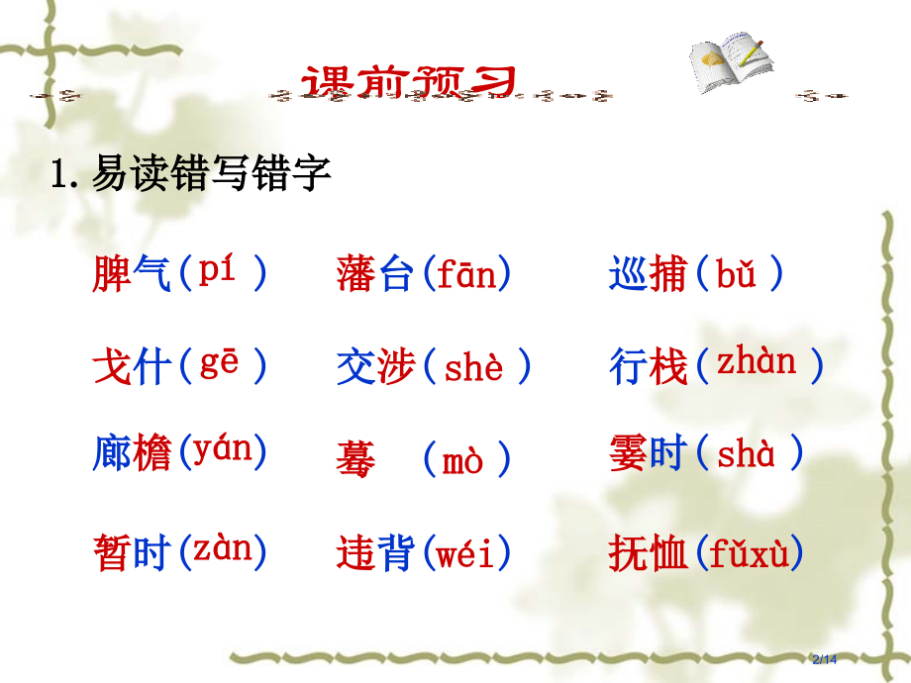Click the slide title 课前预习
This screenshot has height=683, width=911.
409,82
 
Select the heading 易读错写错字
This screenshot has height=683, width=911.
210,176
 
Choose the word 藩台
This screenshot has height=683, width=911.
374,274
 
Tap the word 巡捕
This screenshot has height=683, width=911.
648,274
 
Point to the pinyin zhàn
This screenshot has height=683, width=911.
757,364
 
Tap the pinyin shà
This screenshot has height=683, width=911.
746,455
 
